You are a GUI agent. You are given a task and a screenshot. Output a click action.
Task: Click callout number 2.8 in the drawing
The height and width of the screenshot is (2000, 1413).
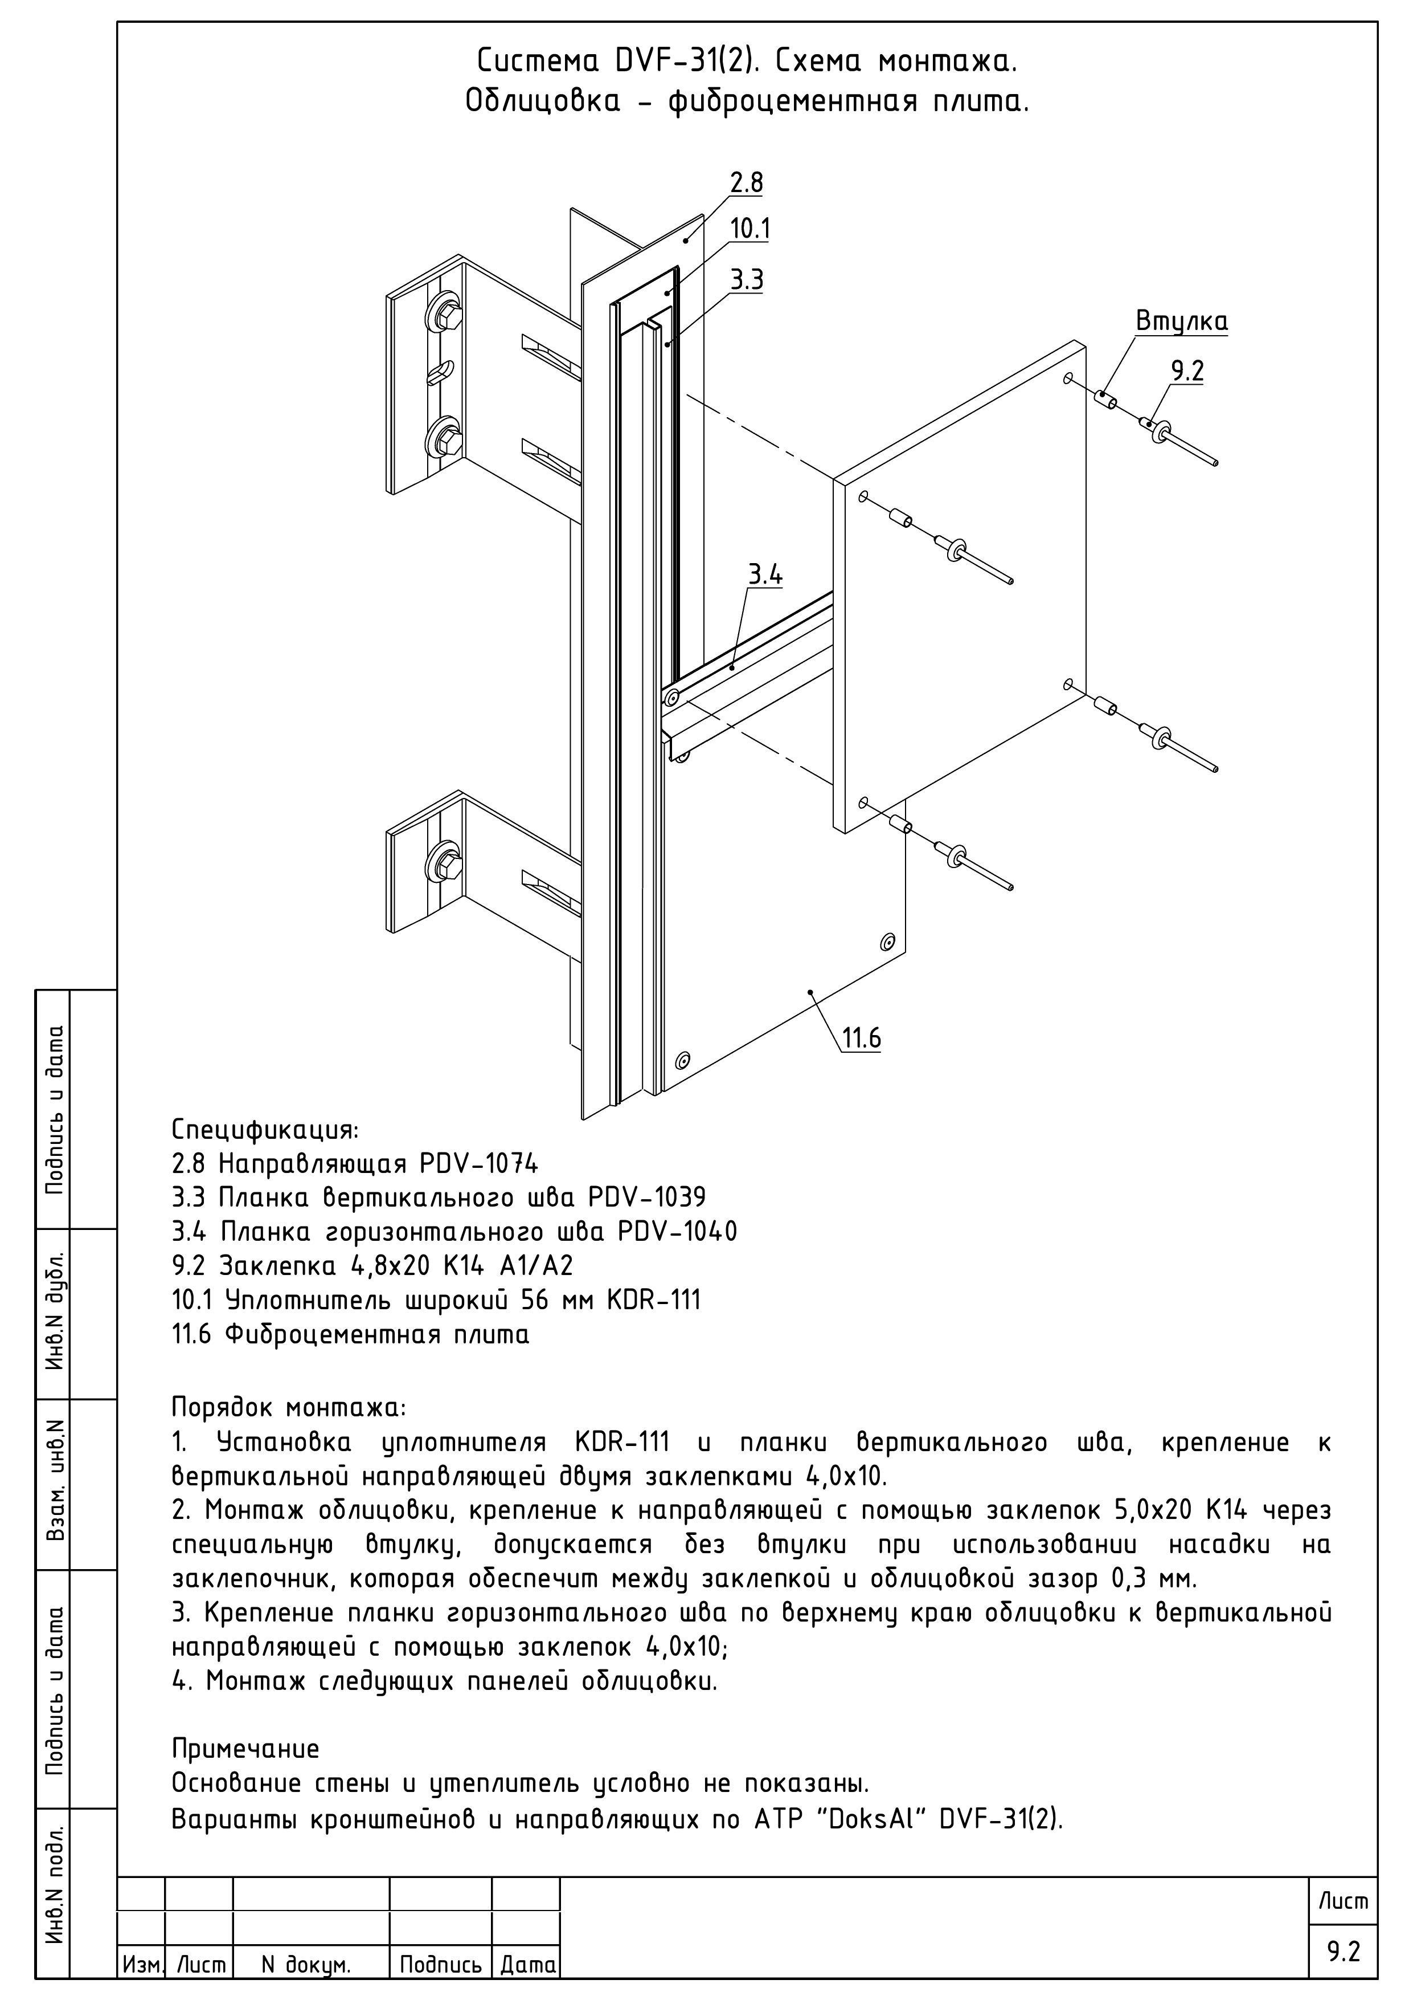click(746, 183)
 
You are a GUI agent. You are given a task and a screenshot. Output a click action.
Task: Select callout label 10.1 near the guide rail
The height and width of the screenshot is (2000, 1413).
click(749, 229)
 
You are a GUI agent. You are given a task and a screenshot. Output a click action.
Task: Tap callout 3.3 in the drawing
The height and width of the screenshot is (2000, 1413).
click(746, 280)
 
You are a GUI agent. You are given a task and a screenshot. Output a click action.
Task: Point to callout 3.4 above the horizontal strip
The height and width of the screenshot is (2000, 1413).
click(765, 575)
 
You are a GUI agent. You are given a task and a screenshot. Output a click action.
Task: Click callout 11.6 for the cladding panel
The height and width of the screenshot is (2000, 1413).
click(861, 1038)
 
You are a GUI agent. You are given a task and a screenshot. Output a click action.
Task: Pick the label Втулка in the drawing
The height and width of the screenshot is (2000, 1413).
click(1181, 321)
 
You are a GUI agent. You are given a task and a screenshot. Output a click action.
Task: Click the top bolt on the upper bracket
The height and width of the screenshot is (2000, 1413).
click(444, 313)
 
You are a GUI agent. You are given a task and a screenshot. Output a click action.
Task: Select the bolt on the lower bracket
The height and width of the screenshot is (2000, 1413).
click(444, 864)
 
